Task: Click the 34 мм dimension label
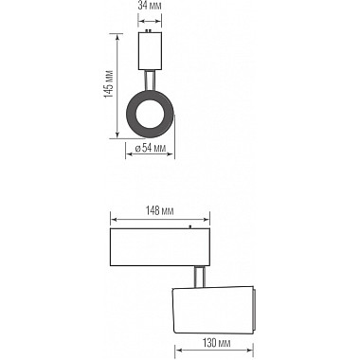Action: pyautogui.click(x=149, y=5)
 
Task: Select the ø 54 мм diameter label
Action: pyautogui.click(x=151, y=149)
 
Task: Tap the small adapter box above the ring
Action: pyautogui.click(x=149, y=49)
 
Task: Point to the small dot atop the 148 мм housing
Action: pyautogui.click(x=189, y=227)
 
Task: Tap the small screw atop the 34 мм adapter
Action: pyautogui.click(x=149, y=32)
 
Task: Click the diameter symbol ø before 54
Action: pyautogui.click(x=137, y=149)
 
